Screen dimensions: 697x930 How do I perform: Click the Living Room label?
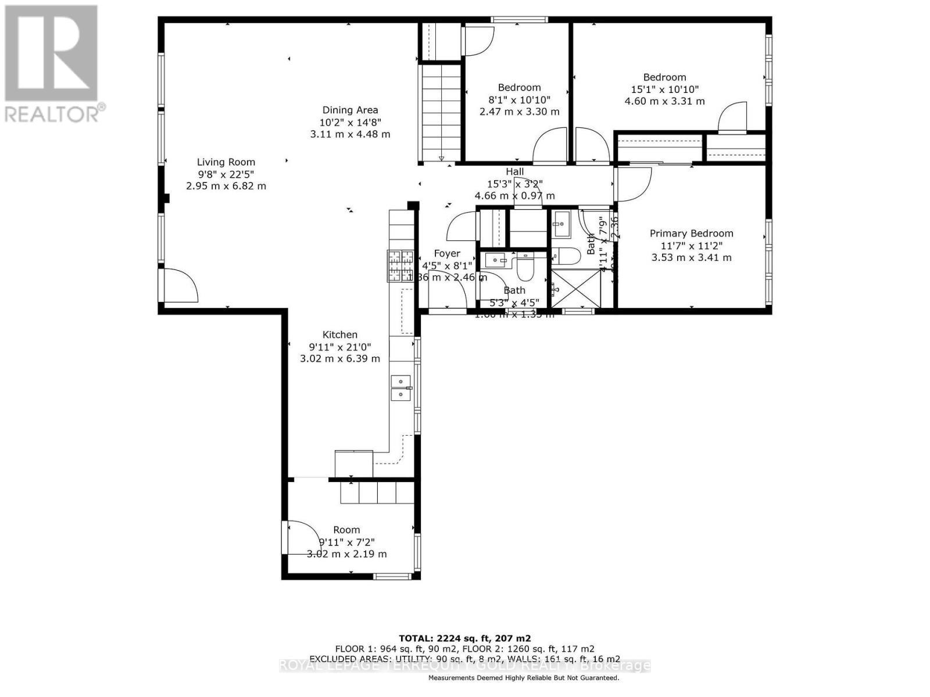click(x=226, y=163)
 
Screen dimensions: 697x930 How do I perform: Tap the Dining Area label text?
click(x=350, y=110)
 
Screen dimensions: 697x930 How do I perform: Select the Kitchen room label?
click(x=340, y=335)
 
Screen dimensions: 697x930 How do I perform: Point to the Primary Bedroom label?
click(x=691, y=233)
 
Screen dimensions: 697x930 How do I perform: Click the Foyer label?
click(x=447, y=254)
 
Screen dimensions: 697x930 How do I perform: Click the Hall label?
click(x=514, y=171)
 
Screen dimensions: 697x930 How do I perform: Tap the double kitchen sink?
click(x=401, y=388)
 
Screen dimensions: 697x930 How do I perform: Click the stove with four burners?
click(x=400, y=265)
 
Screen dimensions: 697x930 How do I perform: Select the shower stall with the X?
click(x=575, y=288)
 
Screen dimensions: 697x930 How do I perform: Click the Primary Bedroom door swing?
click(x=632, y=185)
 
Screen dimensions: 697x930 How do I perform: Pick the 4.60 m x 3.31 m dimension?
click(x=664, y=101)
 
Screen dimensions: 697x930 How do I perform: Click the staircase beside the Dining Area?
click(x=441, y=113)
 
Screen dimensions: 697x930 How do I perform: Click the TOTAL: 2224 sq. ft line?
click(x=464, y=638)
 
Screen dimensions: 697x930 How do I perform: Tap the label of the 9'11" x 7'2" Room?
click(x=346, y=530)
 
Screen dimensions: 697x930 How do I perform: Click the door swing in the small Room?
click(x=301, y=538)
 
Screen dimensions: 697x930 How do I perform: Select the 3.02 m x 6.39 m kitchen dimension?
click(x=340, y=359)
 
